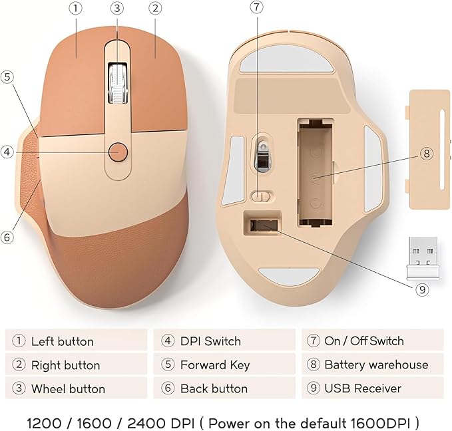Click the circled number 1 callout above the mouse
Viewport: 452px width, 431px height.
(x=76, y=9)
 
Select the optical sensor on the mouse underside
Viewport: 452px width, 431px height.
(x=263, y=154)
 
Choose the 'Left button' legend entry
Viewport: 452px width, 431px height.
(x=62, y=341)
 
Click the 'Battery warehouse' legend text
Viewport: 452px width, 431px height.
(x=375, y=364)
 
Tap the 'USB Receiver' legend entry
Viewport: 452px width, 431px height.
(x=362, y=388)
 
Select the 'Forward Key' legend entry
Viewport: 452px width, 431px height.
(x=214, y=364)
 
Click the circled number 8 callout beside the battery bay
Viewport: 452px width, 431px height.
(x=426, y=154)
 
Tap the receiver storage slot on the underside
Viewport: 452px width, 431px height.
(x=263, y=226)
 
